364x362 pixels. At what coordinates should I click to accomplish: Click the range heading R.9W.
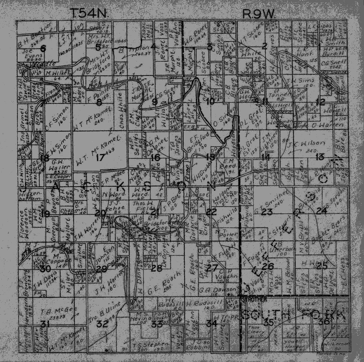(258, 13)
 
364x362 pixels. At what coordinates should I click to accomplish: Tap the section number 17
(100, 157)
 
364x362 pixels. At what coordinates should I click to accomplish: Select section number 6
(43, 49)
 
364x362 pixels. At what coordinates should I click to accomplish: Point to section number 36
(322, 322)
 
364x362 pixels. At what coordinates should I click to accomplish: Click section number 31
(45, 325)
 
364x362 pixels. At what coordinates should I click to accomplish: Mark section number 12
(320, 102)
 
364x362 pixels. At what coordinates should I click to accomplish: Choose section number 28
(156, 268)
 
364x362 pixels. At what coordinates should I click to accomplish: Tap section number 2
(264, 46)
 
